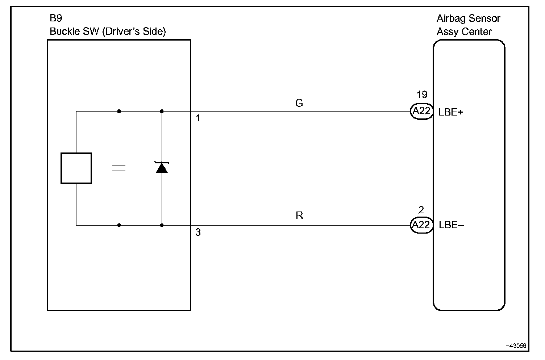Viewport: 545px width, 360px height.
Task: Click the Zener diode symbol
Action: [x=162, y=167]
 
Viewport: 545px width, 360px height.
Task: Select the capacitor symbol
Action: [x=119, y=168]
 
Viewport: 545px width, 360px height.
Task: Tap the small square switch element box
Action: [x=76, y=168]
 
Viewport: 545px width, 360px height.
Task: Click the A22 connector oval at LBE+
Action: [x=421, y=111]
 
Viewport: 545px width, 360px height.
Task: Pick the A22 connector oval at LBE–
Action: [x=421, y=225]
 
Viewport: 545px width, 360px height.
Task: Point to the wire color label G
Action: [x=299, y=104]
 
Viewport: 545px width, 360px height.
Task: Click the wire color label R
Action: [x=299, y=215]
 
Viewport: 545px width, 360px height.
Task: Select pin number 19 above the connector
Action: [x=422, y=95]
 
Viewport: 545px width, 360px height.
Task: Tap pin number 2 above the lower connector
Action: [x=421, y=210]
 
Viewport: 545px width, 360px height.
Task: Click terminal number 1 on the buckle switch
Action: [x=198, y=118]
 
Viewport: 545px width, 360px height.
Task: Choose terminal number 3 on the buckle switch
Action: [x=198, y=233]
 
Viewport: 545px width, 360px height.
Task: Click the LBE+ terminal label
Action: [x=451, y=112]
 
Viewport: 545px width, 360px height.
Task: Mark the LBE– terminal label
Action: [x=451, y=225]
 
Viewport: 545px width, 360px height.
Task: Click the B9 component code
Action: [x=56, y=18]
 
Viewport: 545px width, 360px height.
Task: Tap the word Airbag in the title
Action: [x=451, y=19]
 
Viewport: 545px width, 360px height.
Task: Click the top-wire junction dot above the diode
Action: [x=162, y=111]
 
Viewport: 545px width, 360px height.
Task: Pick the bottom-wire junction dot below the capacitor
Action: [x=119, y=225]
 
